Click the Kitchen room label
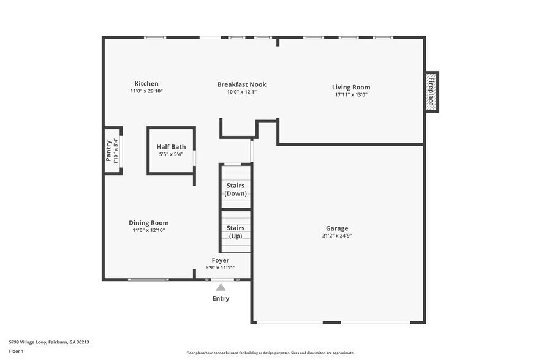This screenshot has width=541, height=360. click(x=146, y=84)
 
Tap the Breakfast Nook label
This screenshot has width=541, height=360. click(x=241, y=84)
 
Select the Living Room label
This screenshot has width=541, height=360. click(x=351, y=88)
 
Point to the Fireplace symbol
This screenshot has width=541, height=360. click(x=431, y=92)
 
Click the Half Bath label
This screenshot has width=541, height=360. click(x=171, y=147)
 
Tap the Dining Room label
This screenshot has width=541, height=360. click(x=148, y=223)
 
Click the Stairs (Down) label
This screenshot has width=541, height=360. click(x=235, y=189)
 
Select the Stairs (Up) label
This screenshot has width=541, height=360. click(x=236, y=232)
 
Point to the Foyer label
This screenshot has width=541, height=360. click(x=220, y=260)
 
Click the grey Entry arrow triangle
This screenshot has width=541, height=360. click(x=221, y=287)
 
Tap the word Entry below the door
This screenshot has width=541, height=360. click(x=221, y=299)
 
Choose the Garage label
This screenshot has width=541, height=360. click(x=337, y=228)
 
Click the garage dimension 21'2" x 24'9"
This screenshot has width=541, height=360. click(x=337, y=236)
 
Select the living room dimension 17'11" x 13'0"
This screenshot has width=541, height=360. click(x=352, y=95)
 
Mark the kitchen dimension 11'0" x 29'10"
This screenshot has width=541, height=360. click(x=146, y=91)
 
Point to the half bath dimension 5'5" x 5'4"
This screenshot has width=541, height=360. click(x=171, y=154)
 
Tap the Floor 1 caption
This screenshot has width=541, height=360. click(x=16, y=351)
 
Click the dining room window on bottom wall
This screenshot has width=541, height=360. click(x=148, y=280)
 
